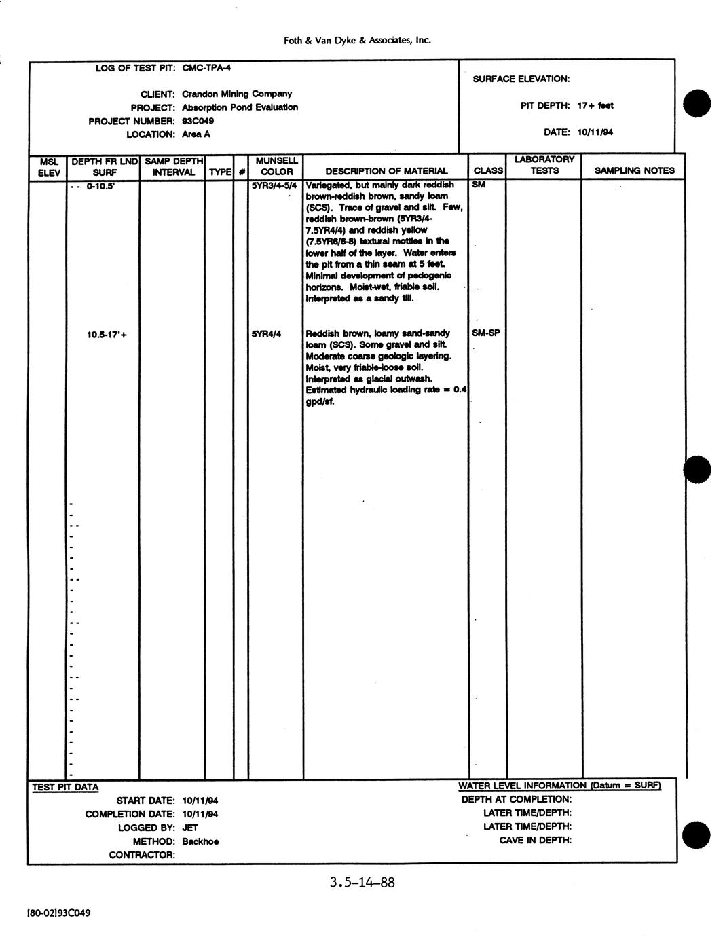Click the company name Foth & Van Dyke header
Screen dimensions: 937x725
tap(357, 41)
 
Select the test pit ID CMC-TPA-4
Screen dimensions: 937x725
tap(207, 68)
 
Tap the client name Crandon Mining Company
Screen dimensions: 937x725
tap(237, 94)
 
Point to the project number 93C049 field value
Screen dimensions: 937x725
tap(198, 121)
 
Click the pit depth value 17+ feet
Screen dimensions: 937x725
tap(595, 105)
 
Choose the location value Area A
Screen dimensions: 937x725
tap(196, 134)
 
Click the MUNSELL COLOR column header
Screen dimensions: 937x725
tap(276, 166)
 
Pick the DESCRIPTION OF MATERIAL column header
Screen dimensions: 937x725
tap(386, 171)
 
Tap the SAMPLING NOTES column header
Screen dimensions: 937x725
tap(634, 171)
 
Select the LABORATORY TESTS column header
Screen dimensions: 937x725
tap(544, 165)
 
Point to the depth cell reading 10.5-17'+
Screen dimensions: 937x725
tap(107, 334)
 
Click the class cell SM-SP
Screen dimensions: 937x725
tap(486, 333)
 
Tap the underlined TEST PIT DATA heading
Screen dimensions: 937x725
tap(65, 788)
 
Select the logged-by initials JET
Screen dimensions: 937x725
tap(190, 828)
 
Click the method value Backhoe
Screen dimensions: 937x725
tap(200, 841)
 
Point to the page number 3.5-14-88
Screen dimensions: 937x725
tap(362, 883)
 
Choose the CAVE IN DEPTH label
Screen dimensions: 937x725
tap(536, 840)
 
